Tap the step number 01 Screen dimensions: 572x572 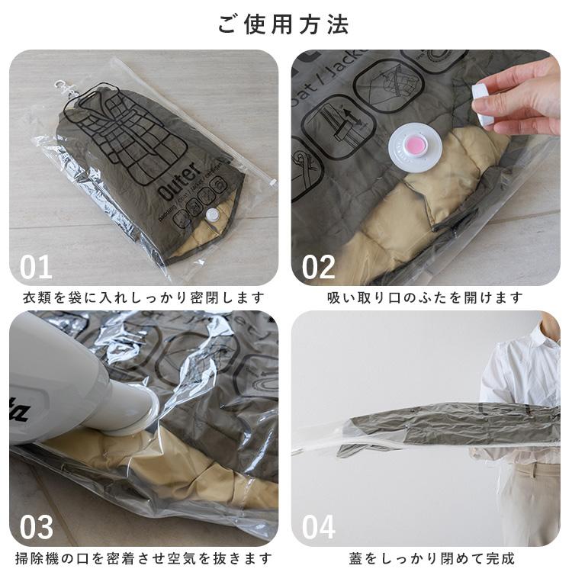coord(36,266)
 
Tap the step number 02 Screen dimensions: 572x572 coord(318,266)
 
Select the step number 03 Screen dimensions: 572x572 coord(36,526)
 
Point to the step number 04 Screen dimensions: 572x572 coord(318,526)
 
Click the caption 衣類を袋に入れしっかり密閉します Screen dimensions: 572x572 coord(143,297)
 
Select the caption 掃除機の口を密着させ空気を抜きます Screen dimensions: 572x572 coord(143,558)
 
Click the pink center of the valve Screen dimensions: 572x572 coord(416,144)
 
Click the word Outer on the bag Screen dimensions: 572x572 coord(179,182)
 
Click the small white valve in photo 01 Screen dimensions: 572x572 coord(211,216)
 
